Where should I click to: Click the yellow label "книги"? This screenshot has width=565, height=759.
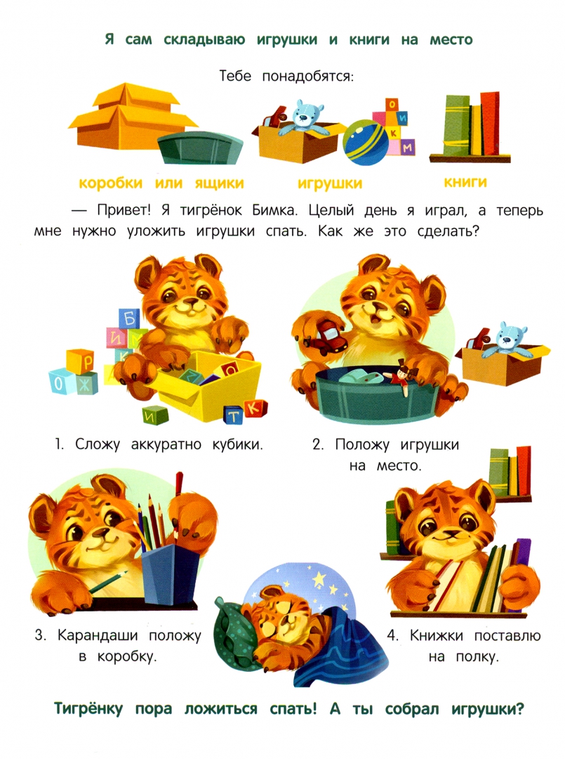(x=465, y=182)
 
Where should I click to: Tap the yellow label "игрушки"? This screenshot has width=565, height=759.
(x=330, y=183)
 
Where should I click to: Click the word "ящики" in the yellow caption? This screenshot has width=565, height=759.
(x=220, y=183)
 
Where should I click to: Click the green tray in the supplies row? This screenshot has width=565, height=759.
(x=200, y=148)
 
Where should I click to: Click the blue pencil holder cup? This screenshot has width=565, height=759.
(x=171, y=573)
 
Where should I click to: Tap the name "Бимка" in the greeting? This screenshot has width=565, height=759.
(x=274, y=211)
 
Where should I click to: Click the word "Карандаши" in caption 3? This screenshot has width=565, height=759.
(x=98, y=635)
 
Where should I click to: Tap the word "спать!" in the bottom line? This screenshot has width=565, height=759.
(x=293, y=709)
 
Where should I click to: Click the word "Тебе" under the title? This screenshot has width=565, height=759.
(x=235, y=76)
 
